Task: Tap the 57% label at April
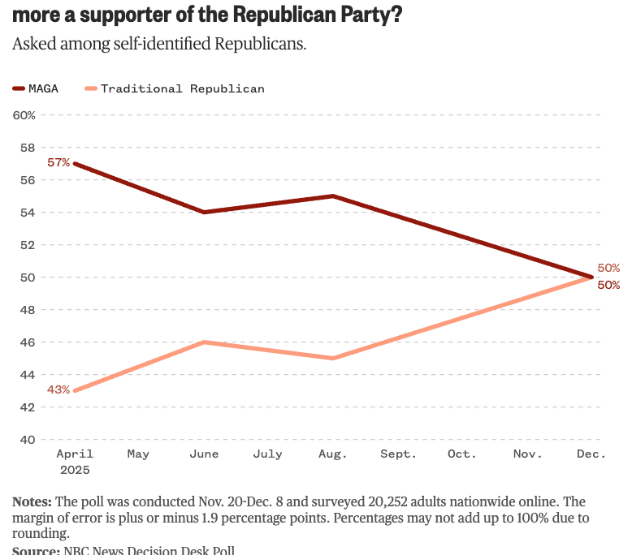point(58,162)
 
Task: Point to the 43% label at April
point(58,389)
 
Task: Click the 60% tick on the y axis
point(24,115)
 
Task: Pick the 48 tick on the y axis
point(27,310)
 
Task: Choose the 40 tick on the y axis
point(27,440)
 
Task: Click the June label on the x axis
point(203,454)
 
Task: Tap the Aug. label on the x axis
point(333,454)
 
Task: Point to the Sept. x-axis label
point(398,454)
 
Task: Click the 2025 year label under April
point(75,470)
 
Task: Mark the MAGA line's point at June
point(203,213)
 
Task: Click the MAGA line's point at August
point(333,196)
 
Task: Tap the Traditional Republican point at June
point(203,342)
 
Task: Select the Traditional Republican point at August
point(333,359)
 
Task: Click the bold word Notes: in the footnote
point(32,502)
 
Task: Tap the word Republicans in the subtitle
point(266,44)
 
